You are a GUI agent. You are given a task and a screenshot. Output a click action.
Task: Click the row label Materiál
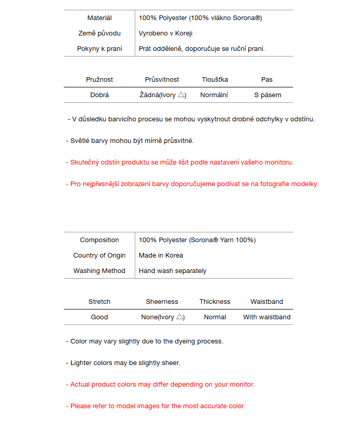pos(99,18)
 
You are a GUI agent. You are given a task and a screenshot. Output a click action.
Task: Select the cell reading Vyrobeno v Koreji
pos(166,33)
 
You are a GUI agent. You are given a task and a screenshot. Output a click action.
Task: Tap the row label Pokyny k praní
pos(99,49)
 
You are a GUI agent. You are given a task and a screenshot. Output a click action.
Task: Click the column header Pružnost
pos(99,80)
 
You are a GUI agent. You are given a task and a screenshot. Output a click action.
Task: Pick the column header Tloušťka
pos(214,80)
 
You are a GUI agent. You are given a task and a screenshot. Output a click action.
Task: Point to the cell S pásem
pos(267,95)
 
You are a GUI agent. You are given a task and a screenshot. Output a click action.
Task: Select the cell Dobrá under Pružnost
pos(99,95)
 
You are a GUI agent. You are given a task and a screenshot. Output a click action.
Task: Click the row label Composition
pos(99,240)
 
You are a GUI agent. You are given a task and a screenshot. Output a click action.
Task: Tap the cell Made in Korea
pos(161,256)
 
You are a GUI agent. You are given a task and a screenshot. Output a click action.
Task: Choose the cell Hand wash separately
pos(172,271)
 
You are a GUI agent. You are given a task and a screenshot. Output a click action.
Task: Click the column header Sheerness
pos(162,302)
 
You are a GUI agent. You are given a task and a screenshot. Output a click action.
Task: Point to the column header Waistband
pos(267,302)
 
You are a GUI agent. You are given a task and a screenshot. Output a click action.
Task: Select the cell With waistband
pos(267,317)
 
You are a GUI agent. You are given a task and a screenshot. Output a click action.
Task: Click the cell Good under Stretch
pos(99,317)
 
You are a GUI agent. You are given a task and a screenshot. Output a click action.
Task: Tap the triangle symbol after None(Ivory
pos(180,317)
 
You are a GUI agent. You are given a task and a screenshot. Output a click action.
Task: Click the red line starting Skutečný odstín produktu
pos(180,162)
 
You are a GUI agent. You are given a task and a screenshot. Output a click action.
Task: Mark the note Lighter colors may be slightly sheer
pos(123,363)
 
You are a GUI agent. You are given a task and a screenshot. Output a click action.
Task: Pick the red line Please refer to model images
pos(156,406)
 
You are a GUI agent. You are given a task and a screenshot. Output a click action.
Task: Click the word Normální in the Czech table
pos(214,95)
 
